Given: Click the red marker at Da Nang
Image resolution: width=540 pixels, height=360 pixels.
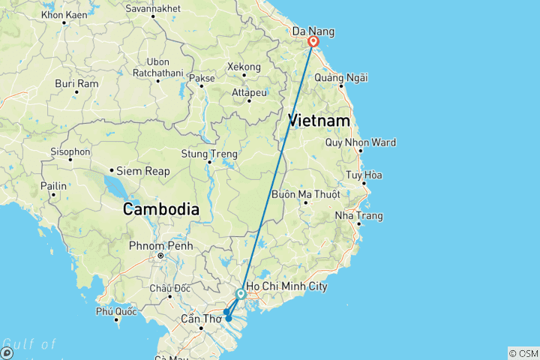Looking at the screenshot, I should coord(313,43).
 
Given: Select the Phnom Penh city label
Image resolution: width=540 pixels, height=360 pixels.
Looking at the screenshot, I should coord(160,246).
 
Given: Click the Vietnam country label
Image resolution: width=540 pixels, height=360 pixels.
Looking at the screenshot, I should coord(319,121).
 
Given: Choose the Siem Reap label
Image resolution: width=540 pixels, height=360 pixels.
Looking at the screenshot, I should coord(147,171).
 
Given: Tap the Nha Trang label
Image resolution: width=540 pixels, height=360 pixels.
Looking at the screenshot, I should coord(359,216).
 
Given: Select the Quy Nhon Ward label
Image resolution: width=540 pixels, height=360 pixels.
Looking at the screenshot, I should coord(361,143).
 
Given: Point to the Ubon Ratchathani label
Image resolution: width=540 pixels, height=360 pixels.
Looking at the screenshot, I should coord(157,67).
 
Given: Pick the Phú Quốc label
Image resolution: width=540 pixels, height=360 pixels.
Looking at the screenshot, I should coord(116,311).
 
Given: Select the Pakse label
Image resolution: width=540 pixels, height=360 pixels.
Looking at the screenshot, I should coord(201,77).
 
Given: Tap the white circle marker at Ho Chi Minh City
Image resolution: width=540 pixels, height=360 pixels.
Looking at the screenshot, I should coord(241,294).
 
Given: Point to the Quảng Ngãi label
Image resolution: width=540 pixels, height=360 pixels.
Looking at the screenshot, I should coord(341,78).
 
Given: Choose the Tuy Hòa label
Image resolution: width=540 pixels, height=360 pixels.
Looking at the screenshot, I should coord(364,175).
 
